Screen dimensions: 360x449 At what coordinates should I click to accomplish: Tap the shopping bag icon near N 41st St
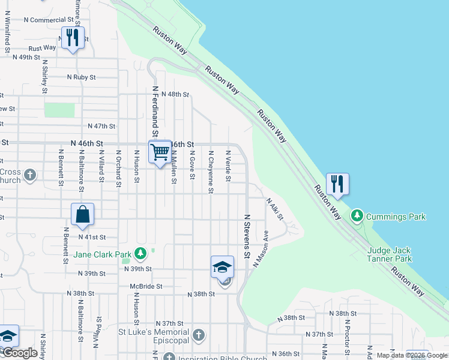82,214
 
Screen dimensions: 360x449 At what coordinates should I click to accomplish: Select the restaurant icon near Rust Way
73,38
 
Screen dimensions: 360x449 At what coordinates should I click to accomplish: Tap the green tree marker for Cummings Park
358,215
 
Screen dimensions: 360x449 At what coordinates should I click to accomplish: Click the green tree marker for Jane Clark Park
140,253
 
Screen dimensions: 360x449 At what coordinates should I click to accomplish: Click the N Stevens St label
247,236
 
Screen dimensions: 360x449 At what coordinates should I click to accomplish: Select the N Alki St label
274,209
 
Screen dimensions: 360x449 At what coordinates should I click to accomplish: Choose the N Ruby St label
82,77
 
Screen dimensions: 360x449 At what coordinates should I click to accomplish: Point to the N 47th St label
101,126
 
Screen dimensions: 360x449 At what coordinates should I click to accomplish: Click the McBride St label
146,287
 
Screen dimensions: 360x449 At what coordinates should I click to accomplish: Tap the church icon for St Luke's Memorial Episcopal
199,334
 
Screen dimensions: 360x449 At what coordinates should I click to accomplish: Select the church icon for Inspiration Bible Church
169,358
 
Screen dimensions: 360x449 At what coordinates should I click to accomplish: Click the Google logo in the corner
20,353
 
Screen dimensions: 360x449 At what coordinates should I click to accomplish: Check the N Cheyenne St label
211,172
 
